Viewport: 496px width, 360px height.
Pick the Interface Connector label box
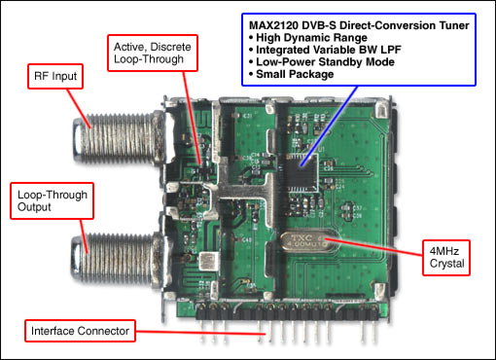pyautogui.click(x=79, y=332)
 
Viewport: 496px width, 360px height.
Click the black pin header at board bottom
pyautogui.click(x=292, y=313)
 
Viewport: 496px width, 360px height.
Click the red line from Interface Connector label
pyautogui.click(x=195, y=332)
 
